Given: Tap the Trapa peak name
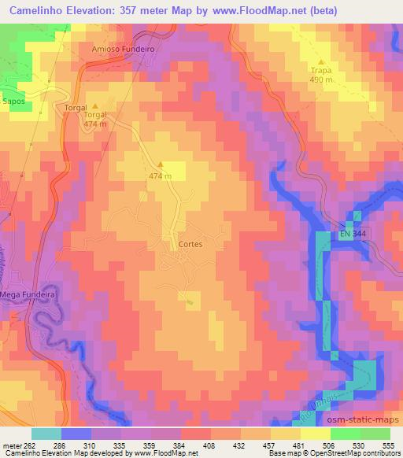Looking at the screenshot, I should point(321,70).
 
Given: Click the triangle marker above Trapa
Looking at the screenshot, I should point(321,61).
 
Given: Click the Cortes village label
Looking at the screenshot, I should point(190,244).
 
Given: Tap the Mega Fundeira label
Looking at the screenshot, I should point(27,294).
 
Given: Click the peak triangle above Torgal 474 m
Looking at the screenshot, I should point(96,105).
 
